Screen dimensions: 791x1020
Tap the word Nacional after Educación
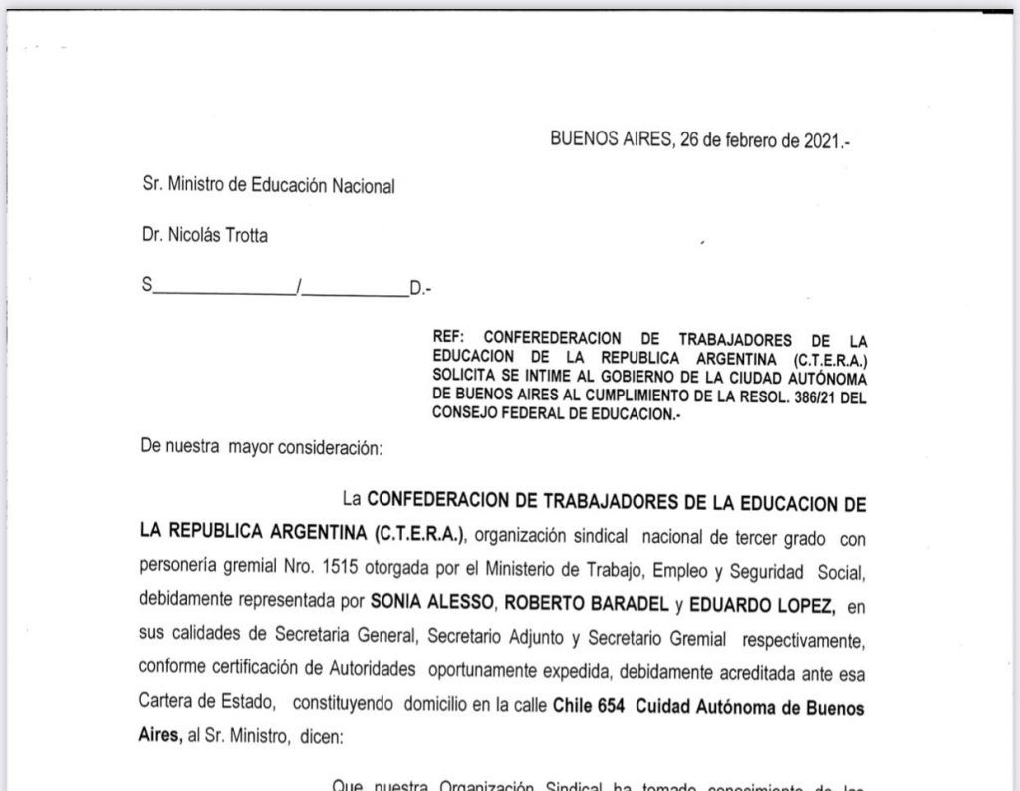356,185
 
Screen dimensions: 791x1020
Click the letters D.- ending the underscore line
420,289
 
